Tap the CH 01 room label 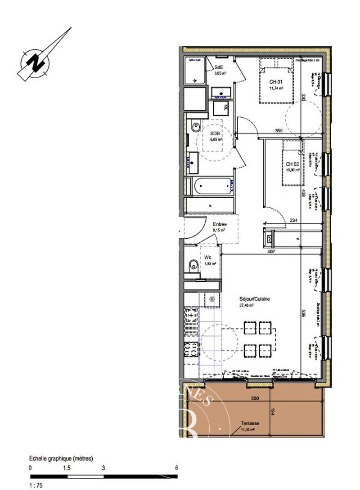coord(275,82)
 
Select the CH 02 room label coord(292,164)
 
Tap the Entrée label coord(220,224)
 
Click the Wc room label coord(207,258)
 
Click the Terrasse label coord(249,423)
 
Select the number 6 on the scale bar coord(176,468)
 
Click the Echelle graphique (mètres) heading coord(61,459)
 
